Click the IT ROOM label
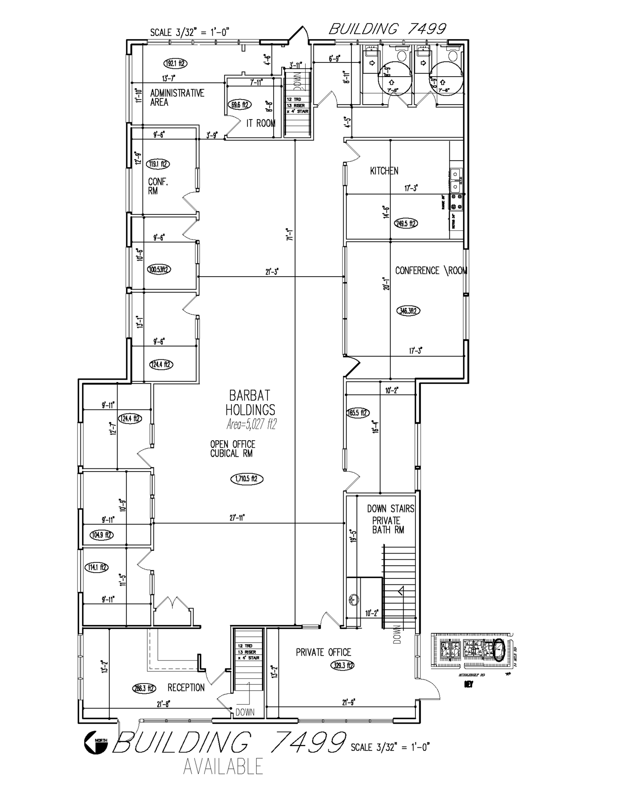click(260, 123)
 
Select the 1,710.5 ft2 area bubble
click(247, 479)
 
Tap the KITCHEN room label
click(384, 171)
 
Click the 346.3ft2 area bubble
click(408, 311)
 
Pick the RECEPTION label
click(186, 687)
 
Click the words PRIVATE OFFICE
click(323, 652)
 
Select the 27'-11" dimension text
click(237, 518)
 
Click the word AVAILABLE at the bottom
click(223, 766)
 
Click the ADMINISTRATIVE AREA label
click(177, 98)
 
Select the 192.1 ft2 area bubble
click(175, 63)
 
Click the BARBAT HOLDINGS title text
click(250, 403)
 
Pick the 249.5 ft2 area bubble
click(406, 223)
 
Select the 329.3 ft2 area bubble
click(342, 665)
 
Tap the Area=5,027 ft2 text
click(251, 424)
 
